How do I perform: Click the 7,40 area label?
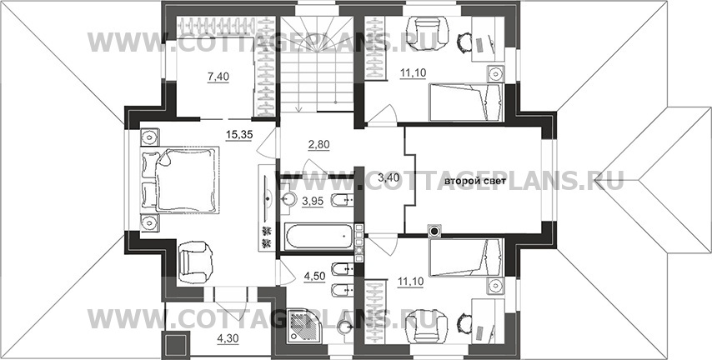218,77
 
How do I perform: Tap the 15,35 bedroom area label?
238,134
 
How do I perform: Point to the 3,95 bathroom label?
313,201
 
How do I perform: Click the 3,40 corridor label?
389,177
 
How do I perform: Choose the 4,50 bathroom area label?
314,277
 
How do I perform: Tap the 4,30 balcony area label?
226,338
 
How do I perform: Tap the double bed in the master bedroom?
181,179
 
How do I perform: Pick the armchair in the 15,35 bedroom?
195,262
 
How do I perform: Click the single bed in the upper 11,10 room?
466,102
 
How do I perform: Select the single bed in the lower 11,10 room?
466,257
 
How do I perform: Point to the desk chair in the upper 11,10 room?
464,42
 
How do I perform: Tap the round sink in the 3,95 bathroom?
288,198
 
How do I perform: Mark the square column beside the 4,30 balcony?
175,345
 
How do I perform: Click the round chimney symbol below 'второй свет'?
435,231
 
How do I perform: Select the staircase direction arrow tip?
299,111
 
